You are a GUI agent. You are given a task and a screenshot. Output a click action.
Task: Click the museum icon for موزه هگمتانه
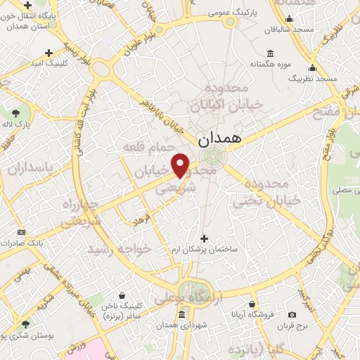coord(271,53)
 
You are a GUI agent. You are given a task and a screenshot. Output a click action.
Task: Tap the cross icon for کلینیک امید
coord(49,53)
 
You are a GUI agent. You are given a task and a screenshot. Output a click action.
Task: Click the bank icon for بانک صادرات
coord(21,232)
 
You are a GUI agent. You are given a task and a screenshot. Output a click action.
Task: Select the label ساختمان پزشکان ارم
coord(207,250)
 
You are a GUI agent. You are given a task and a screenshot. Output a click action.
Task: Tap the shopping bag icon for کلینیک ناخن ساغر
coord(123,295)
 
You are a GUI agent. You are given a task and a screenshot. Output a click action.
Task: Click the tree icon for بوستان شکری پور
coord(26,324)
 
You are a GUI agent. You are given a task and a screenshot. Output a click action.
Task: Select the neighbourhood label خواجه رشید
coord(120,249)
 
